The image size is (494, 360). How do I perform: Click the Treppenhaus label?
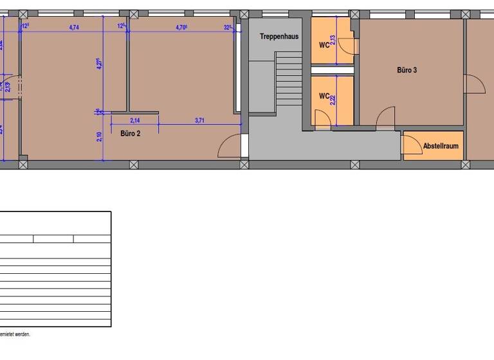click(279, 37)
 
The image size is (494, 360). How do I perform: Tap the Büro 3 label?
click(407, 69)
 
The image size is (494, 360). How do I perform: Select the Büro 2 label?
click(130, 134)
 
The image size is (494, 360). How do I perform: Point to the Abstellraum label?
click(441, 146)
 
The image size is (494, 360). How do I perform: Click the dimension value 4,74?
click(75, 27)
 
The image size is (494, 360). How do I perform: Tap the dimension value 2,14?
click(135, 120)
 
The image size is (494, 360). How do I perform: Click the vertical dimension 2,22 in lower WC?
click(333, 99)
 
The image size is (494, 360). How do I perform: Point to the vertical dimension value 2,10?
click(98, 137)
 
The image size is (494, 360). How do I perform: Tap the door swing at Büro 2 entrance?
click(230, 147)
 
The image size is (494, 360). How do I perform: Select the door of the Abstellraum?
click(409, 147)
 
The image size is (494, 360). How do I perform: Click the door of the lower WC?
click(322, 117)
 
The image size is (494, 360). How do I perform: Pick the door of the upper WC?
click(347, 45)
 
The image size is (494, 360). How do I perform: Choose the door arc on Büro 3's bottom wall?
click(386, 116)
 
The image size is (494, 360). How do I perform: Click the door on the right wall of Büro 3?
click(475, 84)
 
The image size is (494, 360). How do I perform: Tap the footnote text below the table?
click(15, 334)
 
